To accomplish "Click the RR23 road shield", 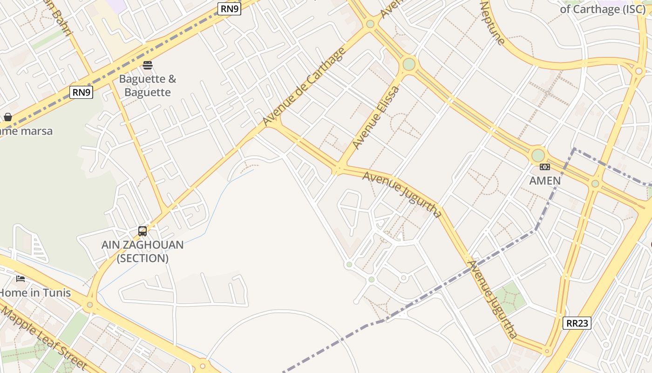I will pyautogui.click(x=577, y=323).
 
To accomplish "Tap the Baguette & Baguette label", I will pyautogui.click(x=148, y=85).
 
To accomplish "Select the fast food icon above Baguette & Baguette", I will pyautogui.click(x=148, y=65).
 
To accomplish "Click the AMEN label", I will pyautogui.click(x=545, y=180).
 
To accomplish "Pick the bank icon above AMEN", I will pyautogui.click(x=544, y=167).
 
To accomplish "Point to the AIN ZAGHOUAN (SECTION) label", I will pyautogui.click(x=143, y=251).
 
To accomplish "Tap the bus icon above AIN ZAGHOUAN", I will pyautogui.click(x=143, y=231).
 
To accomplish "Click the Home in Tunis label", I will pyautogui.click(x=35, y=293).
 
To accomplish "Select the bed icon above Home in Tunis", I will pyautogui.click(x=20, y=278).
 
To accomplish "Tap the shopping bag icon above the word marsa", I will pyautogui.click(x=8, y=117).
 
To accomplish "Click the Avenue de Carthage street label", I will pyautogui.click(x=304, y=87).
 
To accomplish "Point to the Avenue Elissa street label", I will pyautogui.click(x=376, y=117).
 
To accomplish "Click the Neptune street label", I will pyautogui.click(x=492, y=23).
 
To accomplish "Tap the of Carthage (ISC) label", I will pyautogui.click(x=603, y=9).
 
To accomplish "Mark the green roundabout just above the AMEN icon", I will pyautogui.click(x=538, y=155).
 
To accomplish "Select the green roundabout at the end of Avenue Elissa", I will pyautogui.click(x=409, y=64).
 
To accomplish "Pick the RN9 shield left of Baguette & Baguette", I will pyautogui.click(x=81, y=92).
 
